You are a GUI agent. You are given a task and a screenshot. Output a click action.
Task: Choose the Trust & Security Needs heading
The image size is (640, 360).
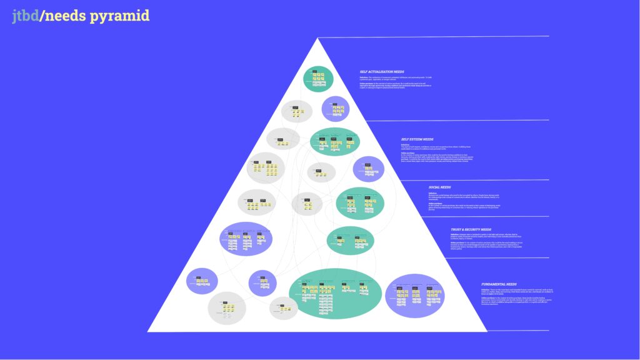click(471, 229)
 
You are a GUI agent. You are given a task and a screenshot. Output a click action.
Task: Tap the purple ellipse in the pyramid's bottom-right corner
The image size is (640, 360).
click(415, 296)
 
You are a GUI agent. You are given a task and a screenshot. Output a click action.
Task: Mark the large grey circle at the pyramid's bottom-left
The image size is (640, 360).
click(227, 309)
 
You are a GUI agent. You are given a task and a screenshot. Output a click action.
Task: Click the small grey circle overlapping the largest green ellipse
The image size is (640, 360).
click(283, 308)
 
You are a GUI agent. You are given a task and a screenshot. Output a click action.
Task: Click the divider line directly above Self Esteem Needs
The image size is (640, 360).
click(456, 120)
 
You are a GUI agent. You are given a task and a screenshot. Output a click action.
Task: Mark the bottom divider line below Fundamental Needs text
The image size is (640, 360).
click(512, 330)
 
